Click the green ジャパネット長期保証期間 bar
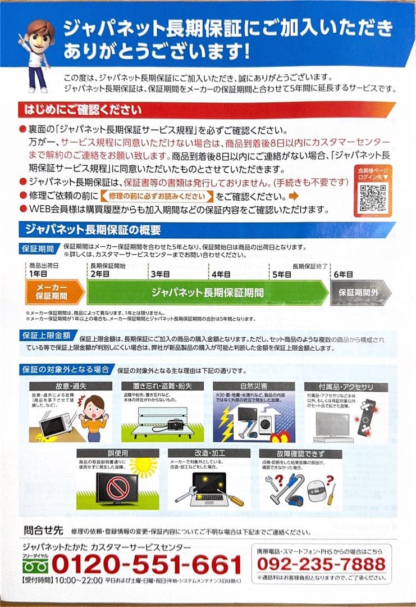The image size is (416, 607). [208, 292]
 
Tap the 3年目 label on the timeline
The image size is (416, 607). [159, 274]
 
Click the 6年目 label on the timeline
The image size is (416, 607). [343, 274]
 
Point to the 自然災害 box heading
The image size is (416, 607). [253, 387]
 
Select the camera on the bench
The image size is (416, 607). [175, 425]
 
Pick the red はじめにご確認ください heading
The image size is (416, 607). [81, 109]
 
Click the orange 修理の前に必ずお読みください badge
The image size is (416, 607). [157, 196]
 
